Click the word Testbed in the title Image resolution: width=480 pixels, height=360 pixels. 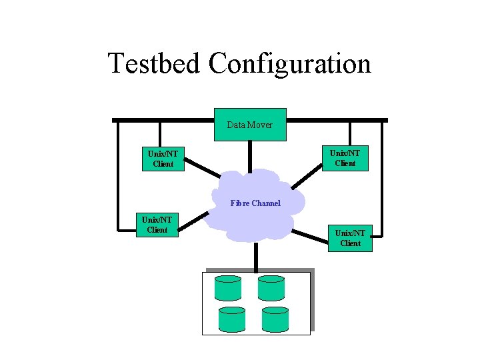click(x=154, y=64)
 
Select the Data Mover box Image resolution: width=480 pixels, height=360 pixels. click(x=250, y=125)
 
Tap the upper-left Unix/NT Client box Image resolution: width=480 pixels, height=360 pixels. click(x=163, y=159)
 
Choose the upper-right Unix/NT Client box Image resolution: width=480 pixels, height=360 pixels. click(x=345, y=158)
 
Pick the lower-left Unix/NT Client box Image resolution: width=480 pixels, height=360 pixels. click(x=157, y=225)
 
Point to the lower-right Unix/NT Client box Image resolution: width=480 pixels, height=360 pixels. click(x=350, y=238)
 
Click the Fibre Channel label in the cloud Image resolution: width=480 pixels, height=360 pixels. click(x=255, y=203)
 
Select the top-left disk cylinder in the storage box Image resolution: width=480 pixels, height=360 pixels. click(x=228, y=288)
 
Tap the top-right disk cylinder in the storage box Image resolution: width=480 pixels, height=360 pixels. click(x=271, y=288)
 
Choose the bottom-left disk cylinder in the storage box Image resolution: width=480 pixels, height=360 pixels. click(x=232, y=319)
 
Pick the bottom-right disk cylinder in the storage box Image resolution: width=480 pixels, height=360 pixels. click(x=275, y=319)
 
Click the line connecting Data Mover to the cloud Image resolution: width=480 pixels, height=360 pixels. click(x=250, y=156)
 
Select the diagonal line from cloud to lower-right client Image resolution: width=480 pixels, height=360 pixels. click(x=311, y=236)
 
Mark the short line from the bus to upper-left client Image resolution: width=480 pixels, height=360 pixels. click(x=159, y=134)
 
